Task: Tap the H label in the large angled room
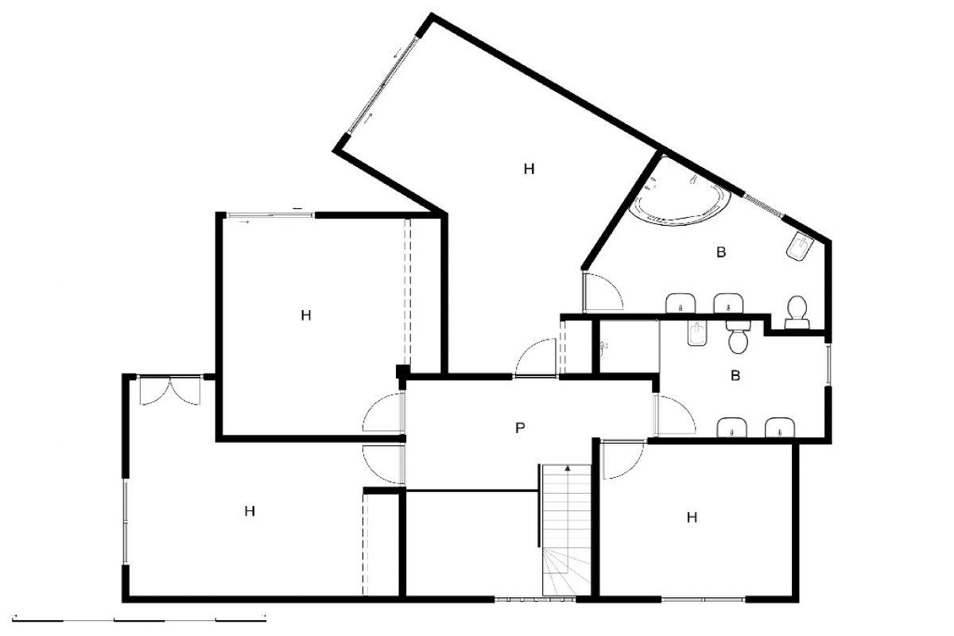coord(529,169)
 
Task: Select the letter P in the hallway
coord(520,428)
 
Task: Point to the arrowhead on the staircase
coord(568,467)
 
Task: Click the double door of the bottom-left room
coord(170,390)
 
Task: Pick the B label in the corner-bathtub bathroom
coord(720,252)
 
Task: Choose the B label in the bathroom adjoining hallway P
coord(735,375)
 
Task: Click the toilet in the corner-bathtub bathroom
coord(797,312)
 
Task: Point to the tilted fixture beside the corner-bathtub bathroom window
coord(800,246)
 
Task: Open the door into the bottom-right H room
coord(622,460)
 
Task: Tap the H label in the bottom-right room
coord(692,518)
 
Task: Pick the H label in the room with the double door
coord(250,510)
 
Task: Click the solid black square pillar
coord(403,371)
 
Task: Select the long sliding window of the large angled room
coord(382,85)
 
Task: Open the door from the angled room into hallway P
coord(535,358)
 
